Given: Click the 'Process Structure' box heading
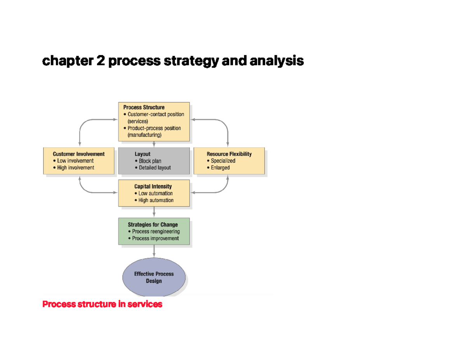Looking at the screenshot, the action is [144, 107].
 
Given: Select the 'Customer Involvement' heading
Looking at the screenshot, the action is [79, 154].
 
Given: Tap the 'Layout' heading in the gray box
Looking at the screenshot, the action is [143, 154].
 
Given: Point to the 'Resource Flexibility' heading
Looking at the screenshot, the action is [229, 154].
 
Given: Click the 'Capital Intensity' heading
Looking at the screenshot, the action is [153, 186].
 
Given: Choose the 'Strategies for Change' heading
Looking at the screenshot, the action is [153, 224].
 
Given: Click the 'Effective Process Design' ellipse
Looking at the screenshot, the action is [154, 277].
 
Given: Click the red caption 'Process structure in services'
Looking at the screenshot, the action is [102, 304].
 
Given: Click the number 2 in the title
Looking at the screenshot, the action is [101, 61].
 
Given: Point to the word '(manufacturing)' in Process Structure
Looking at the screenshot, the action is [144, 135].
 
